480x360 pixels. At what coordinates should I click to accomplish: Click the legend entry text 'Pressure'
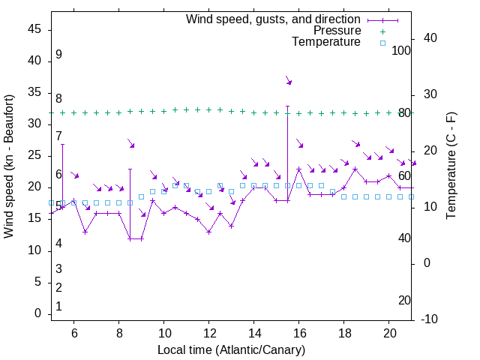pyautogui.click(x=337, y=31)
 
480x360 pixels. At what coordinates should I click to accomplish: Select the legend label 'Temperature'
pyautogui.click(x=326, y=42)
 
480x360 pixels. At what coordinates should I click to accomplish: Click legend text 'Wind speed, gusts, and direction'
pyautogui.click(x=274, y=19)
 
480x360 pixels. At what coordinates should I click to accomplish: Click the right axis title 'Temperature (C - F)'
pyautogui.click(x=451, y=166)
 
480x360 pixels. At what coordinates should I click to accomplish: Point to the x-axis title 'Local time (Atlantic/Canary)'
pyautogui.click(x=232, y=350)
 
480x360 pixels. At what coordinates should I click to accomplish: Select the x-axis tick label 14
pyautogui.click(x=254, y=332)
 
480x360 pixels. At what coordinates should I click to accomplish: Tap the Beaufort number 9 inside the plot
pyautogui.click(x=58, y=55)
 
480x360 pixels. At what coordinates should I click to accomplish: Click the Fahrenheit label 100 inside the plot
pyautogui.click(x=401, y=51)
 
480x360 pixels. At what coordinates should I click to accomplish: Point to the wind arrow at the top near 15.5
pyautogui.click(x=288, y=80)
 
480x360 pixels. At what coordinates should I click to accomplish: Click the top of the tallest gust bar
pyautogui.click(x=287, y=106)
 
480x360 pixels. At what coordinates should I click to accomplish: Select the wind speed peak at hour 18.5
pyautogui.click(x=355, y=169)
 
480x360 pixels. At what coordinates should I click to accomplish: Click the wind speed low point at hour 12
pyautogui.click(x=209, y=232)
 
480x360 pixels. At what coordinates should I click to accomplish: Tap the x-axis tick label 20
pyautogui.click(x=389, y=332)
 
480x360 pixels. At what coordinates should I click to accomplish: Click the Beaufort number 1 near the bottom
pyautogui.click(x=58, y=307)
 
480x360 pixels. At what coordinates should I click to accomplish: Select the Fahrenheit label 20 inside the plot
pyautogui.click(x=404, y=301)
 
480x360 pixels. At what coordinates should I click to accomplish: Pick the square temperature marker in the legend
pyautogui.click(x=382, y=43)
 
